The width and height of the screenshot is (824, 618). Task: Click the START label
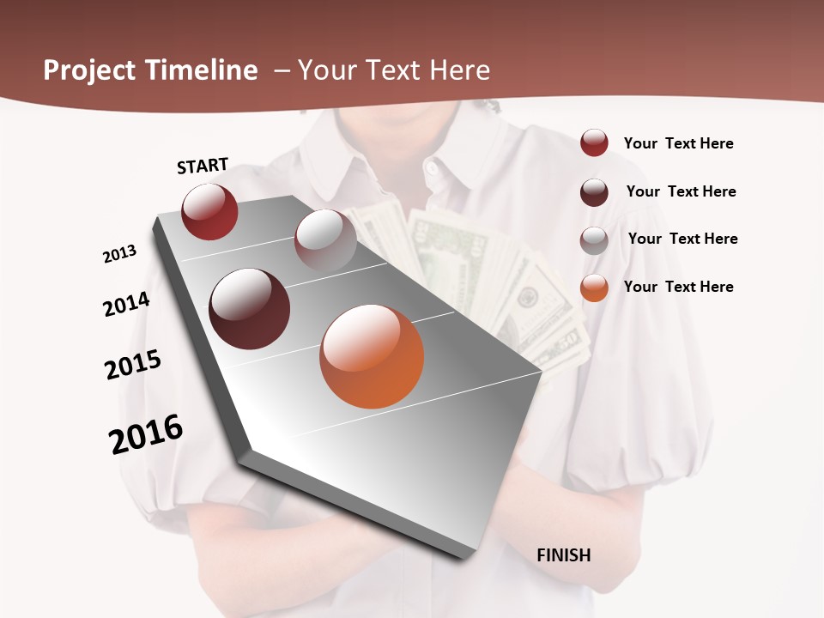pos(203,166)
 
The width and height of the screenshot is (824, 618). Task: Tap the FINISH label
pos(564,555)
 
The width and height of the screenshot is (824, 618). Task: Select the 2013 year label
pos(120,254)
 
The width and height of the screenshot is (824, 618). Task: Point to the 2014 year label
pos(127,304)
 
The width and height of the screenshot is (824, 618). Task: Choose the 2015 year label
pos(133,365)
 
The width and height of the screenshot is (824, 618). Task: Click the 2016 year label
pos(146,433)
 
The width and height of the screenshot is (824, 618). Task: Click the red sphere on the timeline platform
pos(209,211)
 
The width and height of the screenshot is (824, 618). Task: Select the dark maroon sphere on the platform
pos(250,309)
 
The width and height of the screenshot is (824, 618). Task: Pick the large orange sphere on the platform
pos(372,356)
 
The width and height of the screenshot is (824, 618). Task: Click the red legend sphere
pos(594,142)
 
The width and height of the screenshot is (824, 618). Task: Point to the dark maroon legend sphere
pos(594,191)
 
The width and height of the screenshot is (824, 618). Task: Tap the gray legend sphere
pos(594,239)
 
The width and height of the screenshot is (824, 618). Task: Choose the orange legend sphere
pos(594,287)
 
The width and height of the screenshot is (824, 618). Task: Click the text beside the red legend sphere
pos(678,143)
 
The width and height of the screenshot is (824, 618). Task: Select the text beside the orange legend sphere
pos(678,287)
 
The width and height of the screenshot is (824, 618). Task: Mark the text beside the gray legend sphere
pos(682,239)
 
